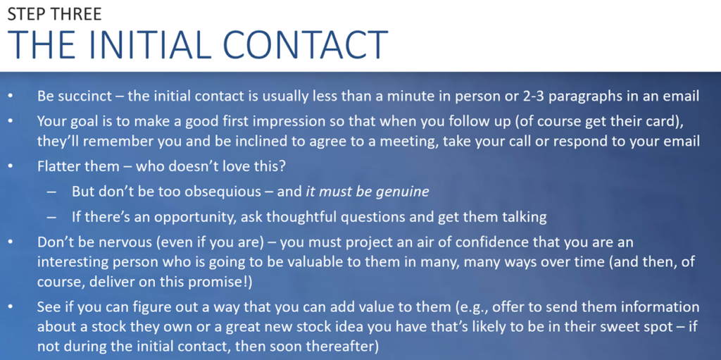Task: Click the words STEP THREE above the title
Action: (54, 14)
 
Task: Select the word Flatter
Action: (55, 166)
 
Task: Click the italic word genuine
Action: (402, 192)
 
